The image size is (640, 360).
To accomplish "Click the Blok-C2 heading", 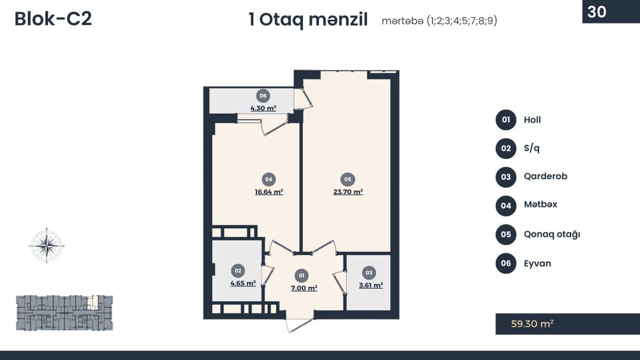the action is [x=53, y=19].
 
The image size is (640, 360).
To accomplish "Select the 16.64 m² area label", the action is [x=269, y=191].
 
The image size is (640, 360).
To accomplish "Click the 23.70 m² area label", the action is [x=348, y=191].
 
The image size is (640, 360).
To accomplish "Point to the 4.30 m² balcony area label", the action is [x=263, y=108].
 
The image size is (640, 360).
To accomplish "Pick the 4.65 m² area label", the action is [x=243, y=283].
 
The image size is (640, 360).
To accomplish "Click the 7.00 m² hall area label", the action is [x=304, y=288].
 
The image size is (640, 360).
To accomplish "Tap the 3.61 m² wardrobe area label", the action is [x=371, y=285].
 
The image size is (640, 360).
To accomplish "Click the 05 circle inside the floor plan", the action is [x=348, y=179].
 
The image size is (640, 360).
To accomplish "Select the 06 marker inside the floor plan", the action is [x=263, y=96].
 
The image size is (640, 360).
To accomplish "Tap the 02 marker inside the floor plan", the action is [x=238, y=270].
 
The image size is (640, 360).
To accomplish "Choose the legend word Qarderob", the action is [x=546, y=177].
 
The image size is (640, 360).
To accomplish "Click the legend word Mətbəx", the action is [x=541, y=204].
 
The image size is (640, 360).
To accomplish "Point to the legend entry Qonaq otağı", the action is [x=552, y=235].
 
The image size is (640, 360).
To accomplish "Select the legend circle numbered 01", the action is [x=506, y=119].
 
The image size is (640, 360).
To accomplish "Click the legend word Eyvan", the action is [x=538, y=263].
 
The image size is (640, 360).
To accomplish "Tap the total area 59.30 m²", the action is [x=532, y=324].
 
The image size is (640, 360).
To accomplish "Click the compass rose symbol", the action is [x=47, y=245].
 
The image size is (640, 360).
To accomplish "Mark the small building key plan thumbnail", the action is [x=65, y=313].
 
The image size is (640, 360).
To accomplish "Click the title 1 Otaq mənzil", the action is [x=308, y=20].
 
